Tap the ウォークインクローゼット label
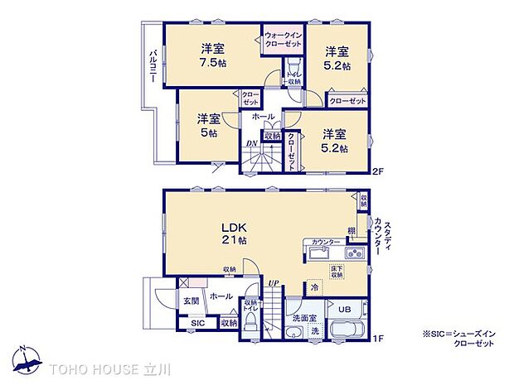283,39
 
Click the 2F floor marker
376,172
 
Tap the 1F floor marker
376,338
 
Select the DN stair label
252,144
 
